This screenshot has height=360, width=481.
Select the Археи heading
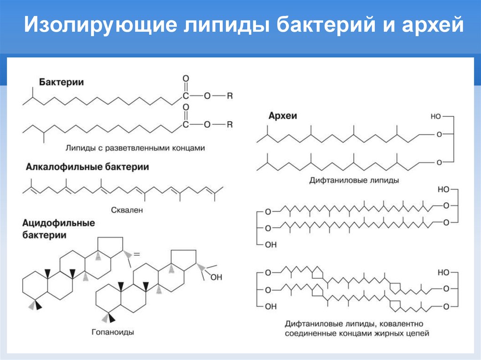pos(283,116)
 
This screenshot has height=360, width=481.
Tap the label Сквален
pos(127,210)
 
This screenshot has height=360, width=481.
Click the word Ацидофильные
pos(59,222)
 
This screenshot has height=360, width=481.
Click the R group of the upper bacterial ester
pos(230,96)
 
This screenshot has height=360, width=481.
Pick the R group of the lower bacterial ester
pos(230,124)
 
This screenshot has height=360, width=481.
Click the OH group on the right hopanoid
pos(216,277)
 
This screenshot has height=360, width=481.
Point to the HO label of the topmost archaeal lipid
pos(435,116)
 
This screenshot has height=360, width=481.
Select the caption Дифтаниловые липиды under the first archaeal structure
pos(354,180)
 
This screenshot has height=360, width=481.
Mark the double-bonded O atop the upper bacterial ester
pos(186,78)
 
